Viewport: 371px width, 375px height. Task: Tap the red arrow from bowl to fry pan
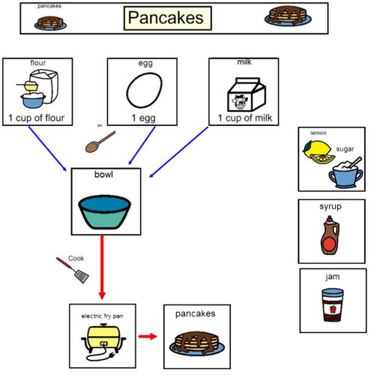point(102,266)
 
